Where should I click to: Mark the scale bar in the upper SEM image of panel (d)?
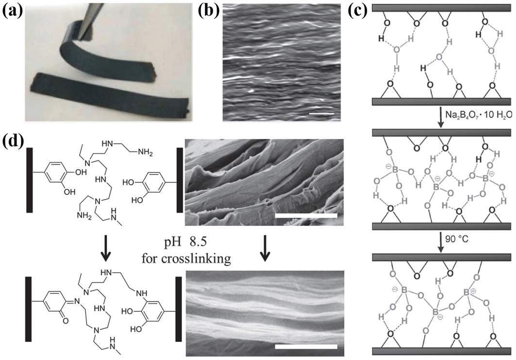click(305, 214)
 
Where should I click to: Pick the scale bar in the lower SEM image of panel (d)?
click(305, 346)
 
